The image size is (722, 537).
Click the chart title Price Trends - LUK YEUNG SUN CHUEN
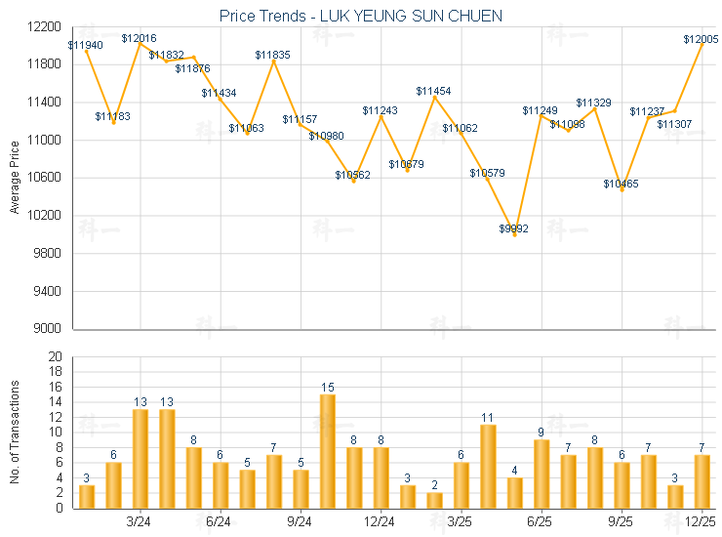361,17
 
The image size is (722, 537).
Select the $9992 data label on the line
514,228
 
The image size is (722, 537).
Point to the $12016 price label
139,38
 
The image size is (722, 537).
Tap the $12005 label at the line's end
701,39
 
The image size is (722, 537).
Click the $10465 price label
621,184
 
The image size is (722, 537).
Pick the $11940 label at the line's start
86,45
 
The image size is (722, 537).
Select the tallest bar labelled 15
328,450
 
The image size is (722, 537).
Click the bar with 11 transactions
488,466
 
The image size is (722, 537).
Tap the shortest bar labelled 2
434,500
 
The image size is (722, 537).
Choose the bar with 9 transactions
541,474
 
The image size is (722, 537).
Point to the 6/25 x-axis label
541,522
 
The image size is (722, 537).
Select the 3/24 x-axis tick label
140,522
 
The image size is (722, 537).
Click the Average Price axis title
14,178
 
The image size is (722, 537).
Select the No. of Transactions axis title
14,432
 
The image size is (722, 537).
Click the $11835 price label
273,55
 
